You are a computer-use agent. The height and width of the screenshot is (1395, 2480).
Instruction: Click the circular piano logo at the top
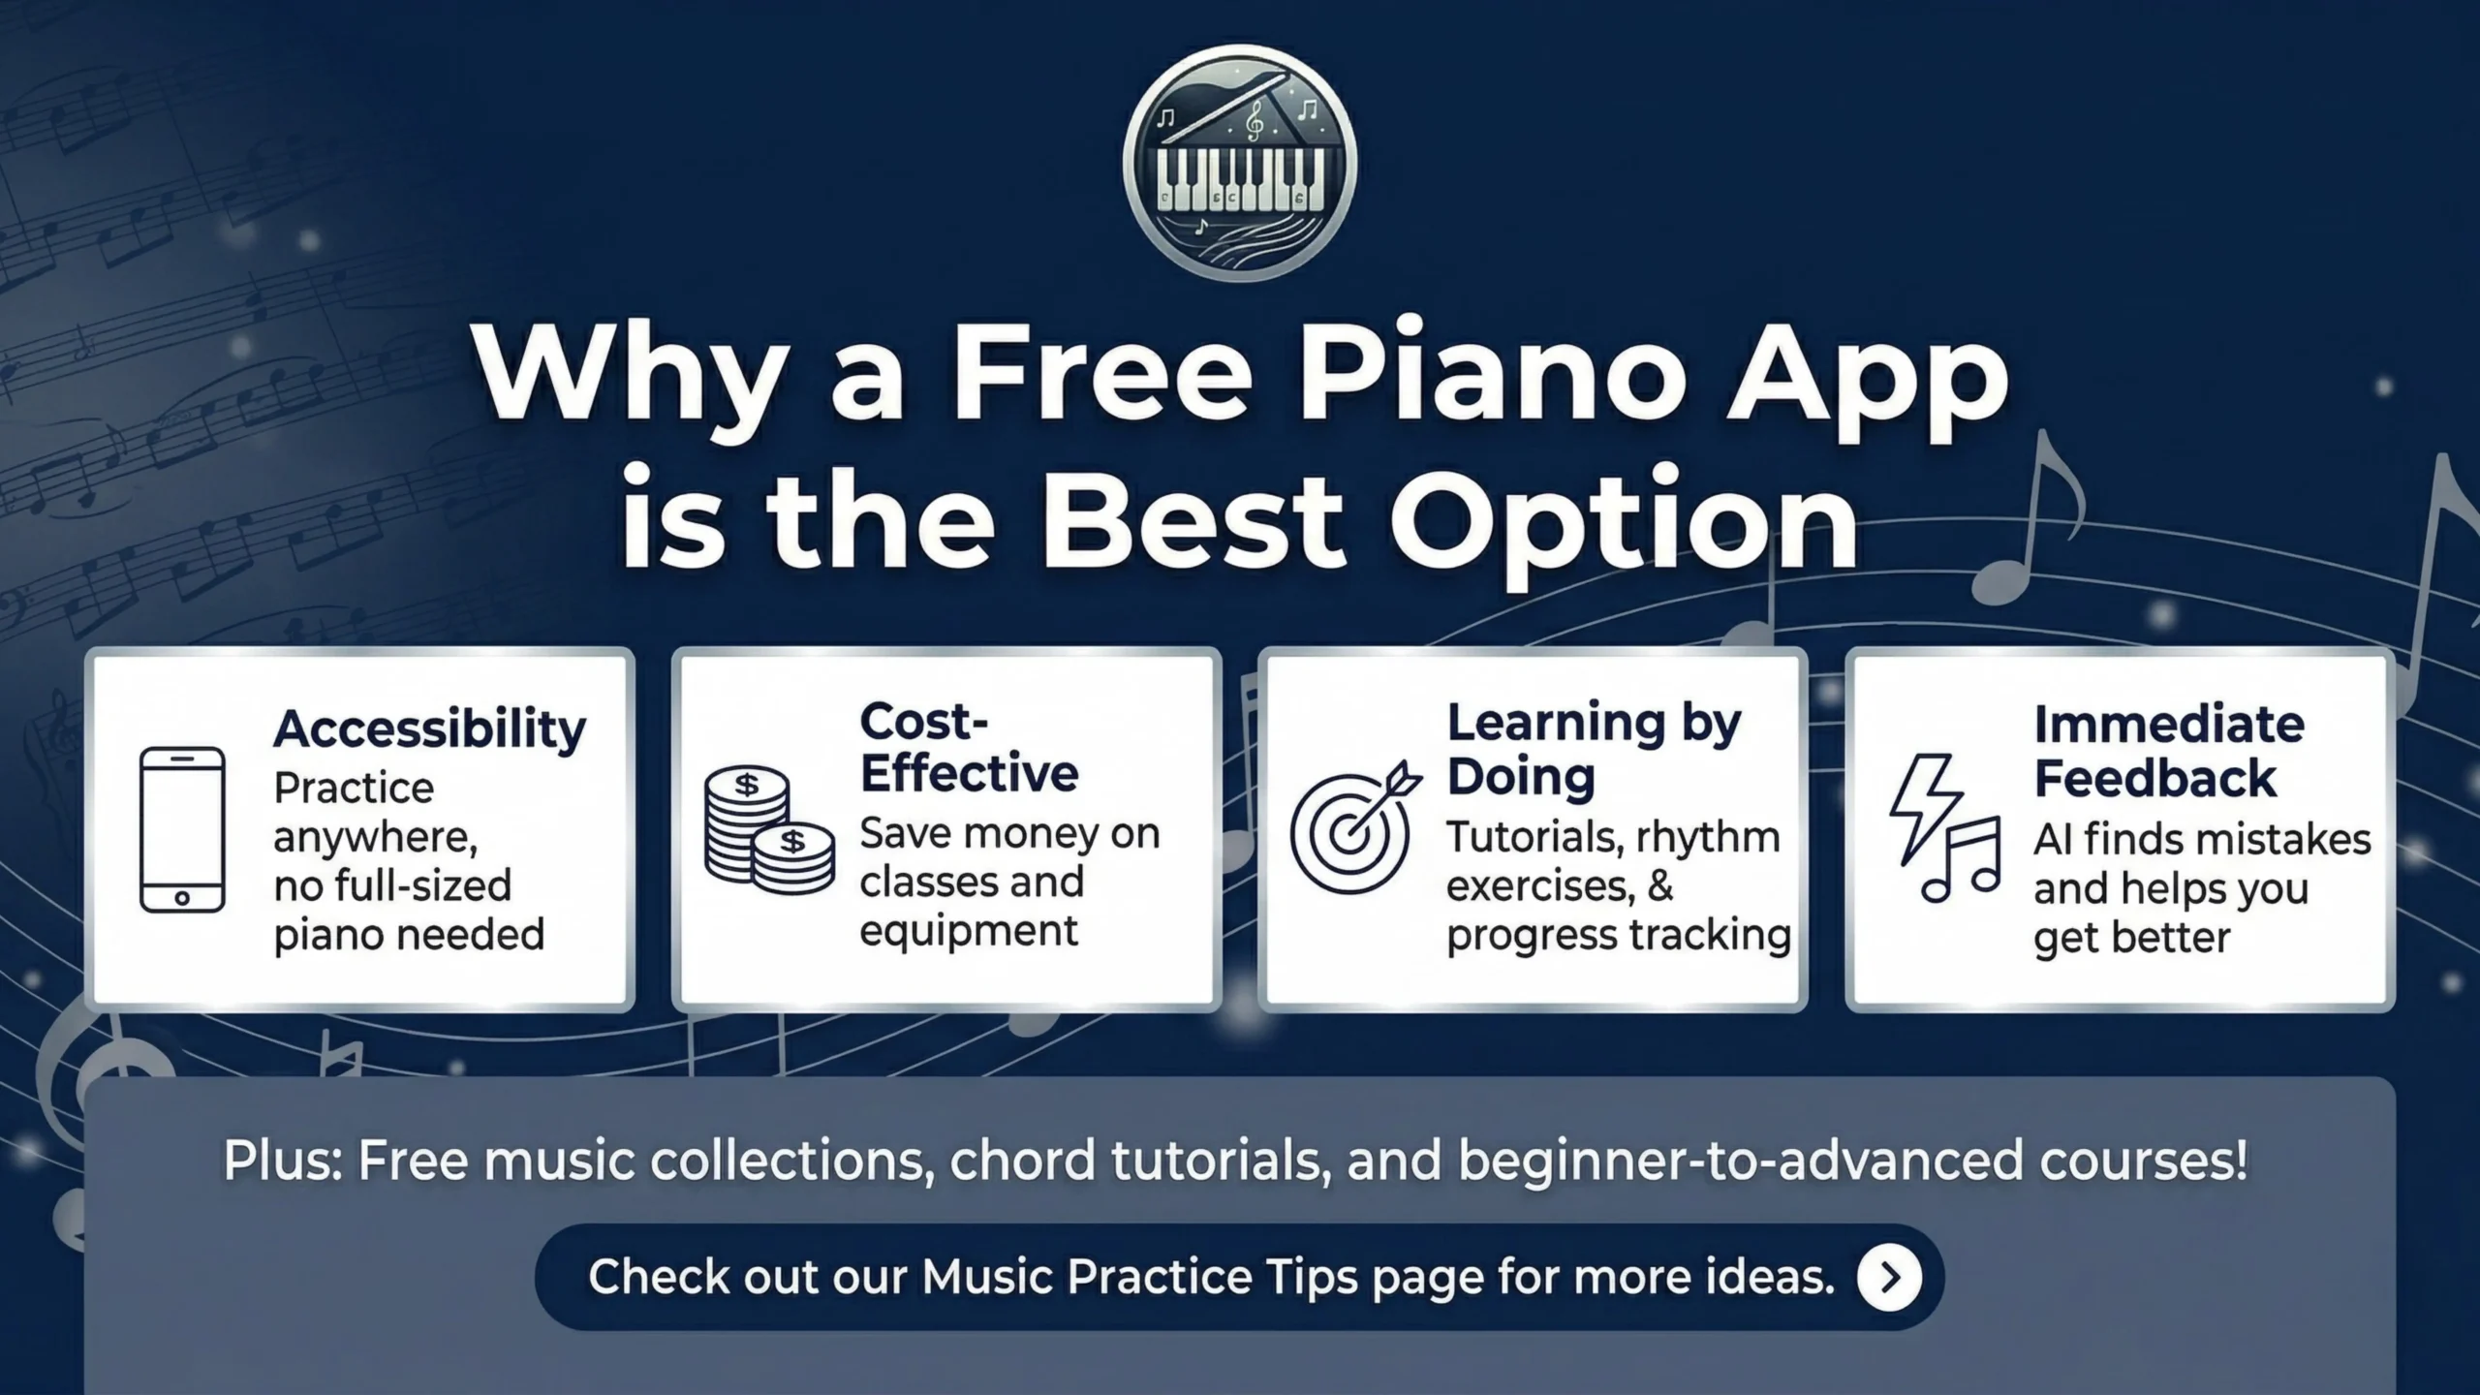click(x=1239, y=163)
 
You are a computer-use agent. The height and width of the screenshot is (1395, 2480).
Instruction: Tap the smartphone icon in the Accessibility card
click(x=182, y=830)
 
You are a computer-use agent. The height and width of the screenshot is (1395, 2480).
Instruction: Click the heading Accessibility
click(x=429, y=728)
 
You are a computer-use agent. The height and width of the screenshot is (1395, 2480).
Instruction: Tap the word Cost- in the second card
click(x=923, y=722)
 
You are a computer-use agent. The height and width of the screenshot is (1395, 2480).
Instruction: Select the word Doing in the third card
click(x=1520, y=776)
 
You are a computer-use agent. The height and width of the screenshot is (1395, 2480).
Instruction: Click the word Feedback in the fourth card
click(x=2154, y=778)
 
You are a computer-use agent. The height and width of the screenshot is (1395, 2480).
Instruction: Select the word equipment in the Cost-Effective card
click(x=968, y=931)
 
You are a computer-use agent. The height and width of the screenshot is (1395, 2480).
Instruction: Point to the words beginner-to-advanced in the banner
click(x=1741, y=1161)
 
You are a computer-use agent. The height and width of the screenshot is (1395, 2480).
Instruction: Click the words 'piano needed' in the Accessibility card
click(x=409, y=935)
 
